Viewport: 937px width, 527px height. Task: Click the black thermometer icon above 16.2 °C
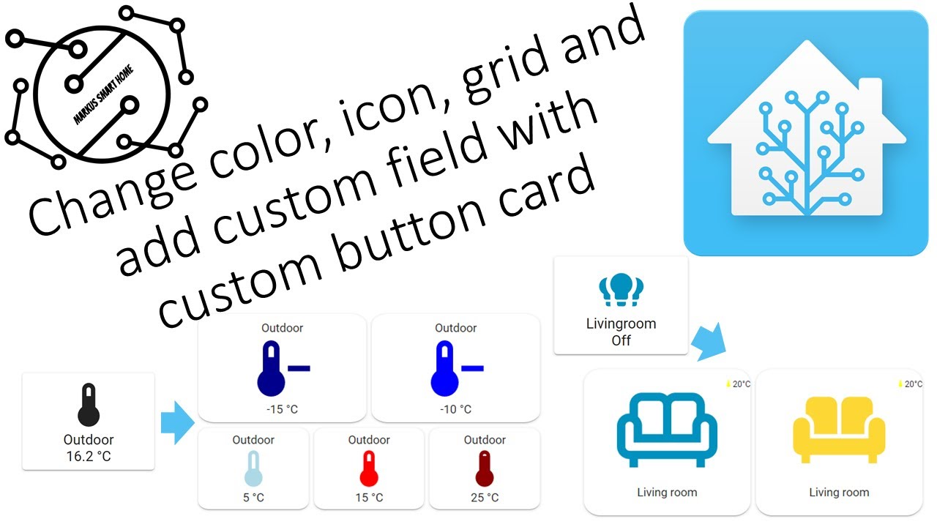tap(89, 405)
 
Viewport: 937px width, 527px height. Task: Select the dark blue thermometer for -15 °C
tap(272, 369)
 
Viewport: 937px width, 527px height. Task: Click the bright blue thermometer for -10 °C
tap(447, 369)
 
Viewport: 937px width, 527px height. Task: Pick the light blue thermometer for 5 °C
tap(253, 468)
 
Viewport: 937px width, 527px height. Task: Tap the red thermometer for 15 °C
tap(369, 468)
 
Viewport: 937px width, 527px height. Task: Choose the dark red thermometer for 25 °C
tap(485, 468)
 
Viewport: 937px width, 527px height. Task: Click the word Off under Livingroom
tap(621, 340)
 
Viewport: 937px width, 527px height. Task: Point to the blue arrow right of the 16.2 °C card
tap(176, 422)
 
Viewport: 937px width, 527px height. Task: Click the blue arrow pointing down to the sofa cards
tap(710, 341)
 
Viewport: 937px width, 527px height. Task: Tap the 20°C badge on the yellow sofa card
tap(910, 384)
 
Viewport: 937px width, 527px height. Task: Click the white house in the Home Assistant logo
tap(806, 132)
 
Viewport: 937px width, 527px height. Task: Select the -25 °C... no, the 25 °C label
tap(485, 498)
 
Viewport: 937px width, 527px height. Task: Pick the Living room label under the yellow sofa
tap(839, 493)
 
